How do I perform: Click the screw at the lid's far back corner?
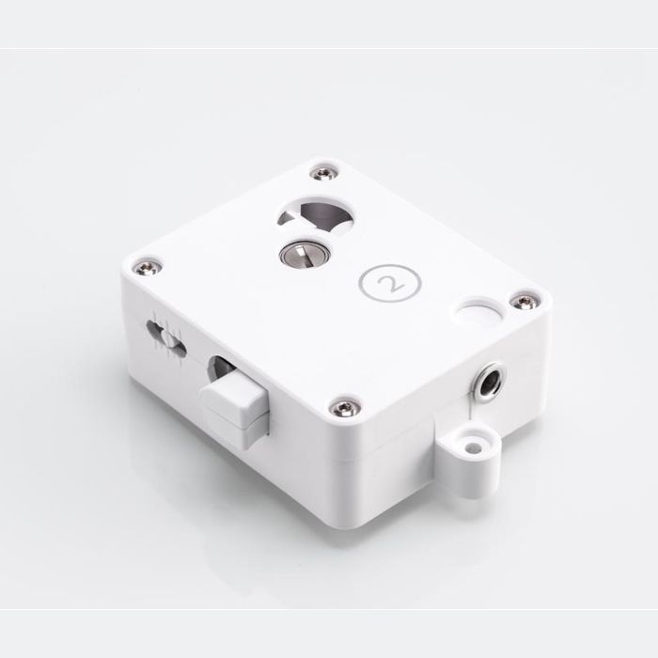click(x=324, y=172)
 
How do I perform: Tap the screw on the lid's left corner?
click(x=147, y=267)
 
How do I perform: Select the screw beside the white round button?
click(x=523, y=301)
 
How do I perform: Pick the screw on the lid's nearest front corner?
click(x=345, y=407)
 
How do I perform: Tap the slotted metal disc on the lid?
click(x=305, y=253)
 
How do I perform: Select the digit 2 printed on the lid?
click(x=391, y=282)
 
